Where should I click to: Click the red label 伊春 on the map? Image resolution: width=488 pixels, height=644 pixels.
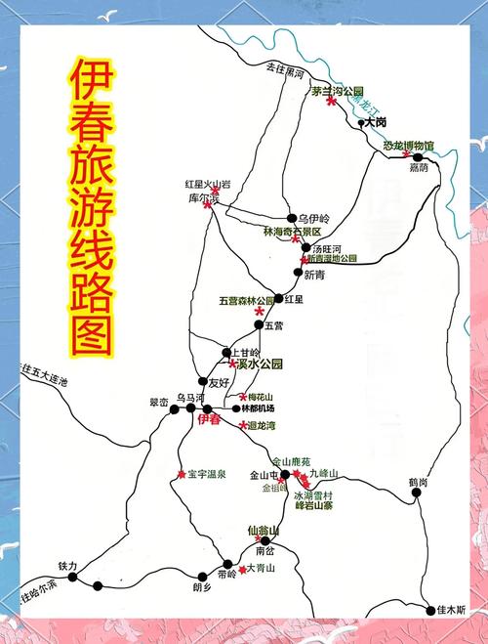(x=209, y=419)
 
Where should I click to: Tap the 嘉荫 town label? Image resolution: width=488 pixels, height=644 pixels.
(x=419, y=169)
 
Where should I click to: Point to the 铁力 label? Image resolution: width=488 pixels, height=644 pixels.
(x=67, y=566)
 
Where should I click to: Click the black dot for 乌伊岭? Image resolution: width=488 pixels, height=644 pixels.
(x=291, y=217)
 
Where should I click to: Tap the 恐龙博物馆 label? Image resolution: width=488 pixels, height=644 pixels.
(x=408, y=146)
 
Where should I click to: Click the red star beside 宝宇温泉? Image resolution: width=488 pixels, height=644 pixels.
(x=181, y=475)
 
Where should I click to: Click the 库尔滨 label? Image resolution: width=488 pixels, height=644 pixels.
(x=204, y=198)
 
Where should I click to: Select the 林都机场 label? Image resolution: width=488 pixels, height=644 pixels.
(x=258, y=408)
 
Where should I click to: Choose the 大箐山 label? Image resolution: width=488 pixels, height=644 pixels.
(x=261, y=568)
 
